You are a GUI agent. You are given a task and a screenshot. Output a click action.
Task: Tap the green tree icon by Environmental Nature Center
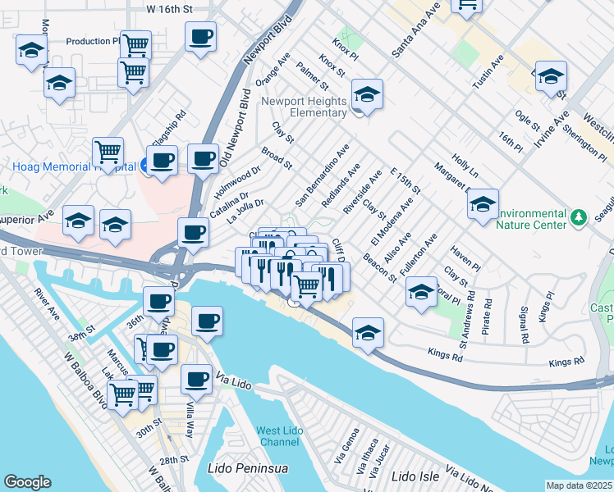point(580,217)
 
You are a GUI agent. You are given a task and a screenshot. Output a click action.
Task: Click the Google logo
point(27,482)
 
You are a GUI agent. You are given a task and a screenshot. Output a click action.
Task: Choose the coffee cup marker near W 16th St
point(200,36)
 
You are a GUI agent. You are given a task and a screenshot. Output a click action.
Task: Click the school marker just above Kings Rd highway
point(367,332)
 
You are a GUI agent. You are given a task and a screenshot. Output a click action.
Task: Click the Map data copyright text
point(579,485)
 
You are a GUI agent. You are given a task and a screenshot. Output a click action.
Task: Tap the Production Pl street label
point(93,41)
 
